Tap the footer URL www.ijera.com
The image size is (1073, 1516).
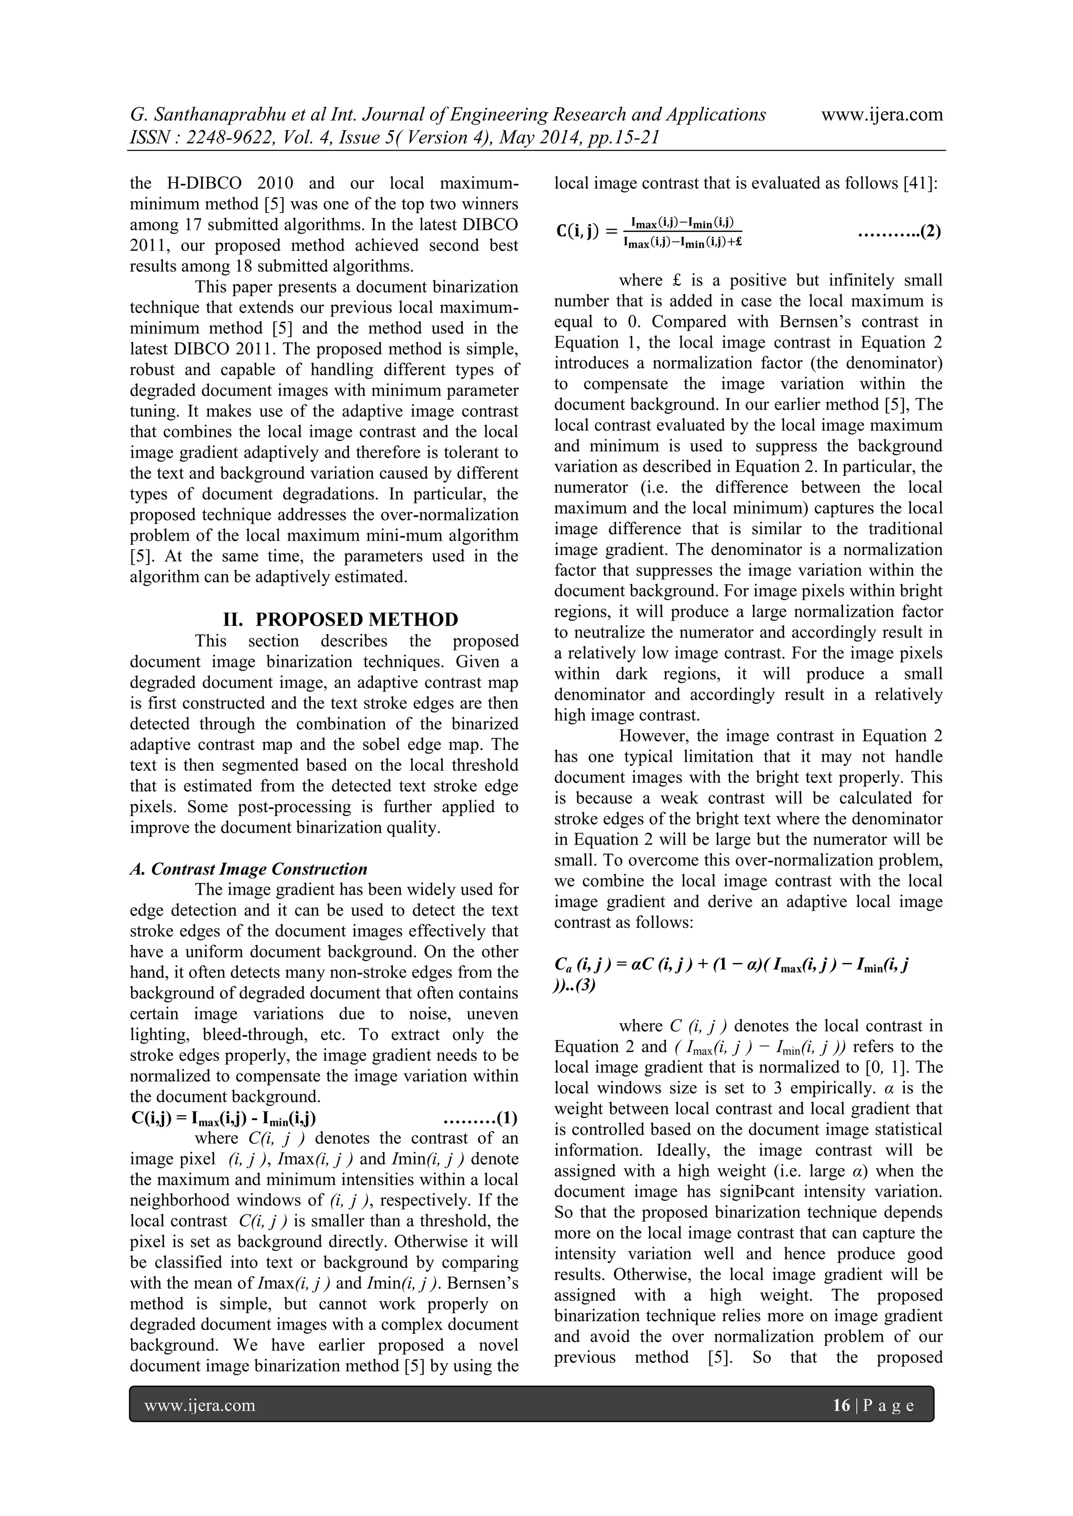200,1405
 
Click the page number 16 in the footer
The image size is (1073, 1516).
841,1405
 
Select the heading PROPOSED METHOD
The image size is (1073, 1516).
356,619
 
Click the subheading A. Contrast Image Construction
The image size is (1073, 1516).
248,869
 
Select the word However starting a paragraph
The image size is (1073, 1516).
651,736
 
